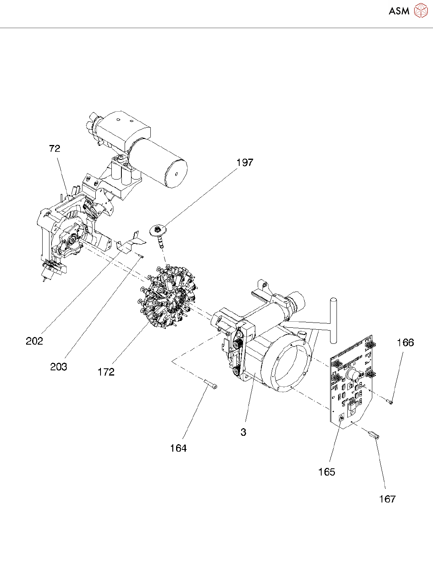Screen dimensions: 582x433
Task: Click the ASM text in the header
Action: point(399,11)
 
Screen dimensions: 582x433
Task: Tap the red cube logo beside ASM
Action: point(421,10)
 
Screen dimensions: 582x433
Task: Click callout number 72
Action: point(55,149)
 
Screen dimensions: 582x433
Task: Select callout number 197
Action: point(245,162)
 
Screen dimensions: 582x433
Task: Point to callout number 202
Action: point(34,341)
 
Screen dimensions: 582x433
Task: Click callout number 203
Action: point(59,367)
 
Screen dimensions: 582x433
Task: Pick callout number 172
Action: point(106,372)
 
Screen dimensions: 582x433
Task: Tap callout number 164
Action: point(178,448)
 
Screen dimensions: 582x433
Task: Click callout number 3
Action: point(243,432)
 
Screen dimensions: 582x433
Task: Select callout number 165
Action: point(326,472)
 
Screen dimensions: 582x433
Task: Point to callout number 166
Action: point(405,343)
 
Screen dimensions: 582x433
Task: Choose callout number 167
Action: point(388,499)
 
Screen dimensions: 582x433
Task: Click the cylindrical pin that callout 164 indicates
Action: point(211,384)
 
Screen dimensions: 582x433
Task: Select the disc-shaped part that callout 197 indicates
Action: point(158,230)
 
